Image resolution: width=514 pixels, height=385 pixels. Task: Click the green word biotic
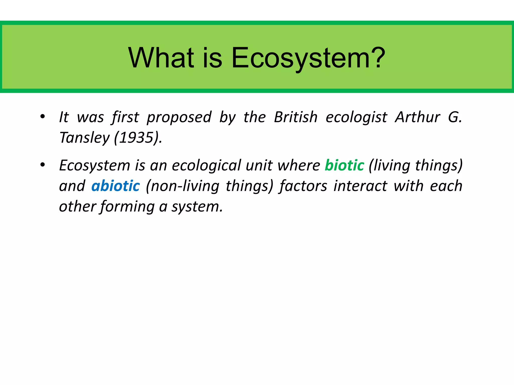tap(344, 165)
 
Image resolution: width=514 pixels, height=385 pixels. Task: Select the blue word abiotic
tap(115, 186)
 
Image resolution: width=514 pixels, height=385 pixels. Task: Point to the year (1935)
tap(138, 138)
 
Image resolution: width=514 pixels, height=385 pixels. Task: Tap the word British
tap(296, 117)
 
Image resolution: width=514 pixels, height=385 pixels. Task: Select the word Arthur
tap(417, 117)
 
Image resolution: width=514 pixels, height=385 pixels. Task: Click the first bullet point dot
tap(43, 117)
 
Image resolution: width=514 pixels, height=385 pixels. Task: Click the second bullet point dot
tap(43, 165)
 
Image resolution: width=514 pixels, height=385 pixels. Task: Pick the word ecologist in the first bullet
tap(356, 118)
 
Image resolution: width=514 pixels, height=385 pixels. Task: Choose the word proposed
tap(179, 118)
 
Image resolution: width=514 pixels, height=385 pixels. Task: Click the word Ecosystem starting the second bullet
tap(95, 166)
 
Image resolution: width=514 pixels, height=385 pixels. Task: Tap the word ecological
tap(206, 166)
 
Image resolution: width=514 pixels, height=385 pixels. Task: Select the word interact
tap(360, 186)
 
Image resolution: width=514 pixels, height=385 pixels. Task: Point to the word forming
tap(127, 207)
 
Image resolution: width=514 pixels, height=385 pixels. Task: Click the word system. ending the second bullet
tap(197, 207)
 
